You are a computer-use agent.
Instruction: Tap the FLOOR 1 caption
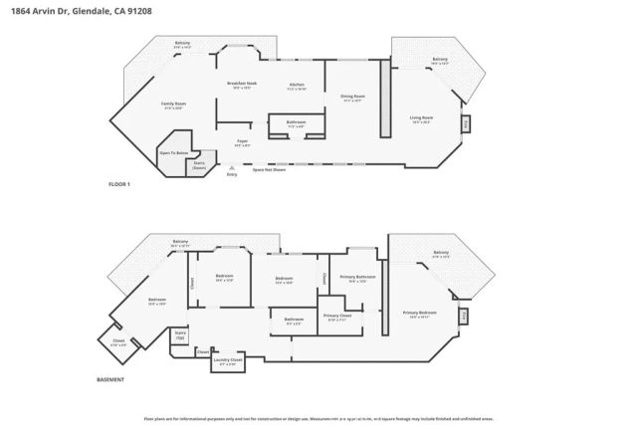point(120,185)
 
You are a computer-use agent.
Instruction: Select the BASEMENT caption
point(111,379)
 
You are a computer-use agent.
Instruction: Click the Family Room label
point(174,105)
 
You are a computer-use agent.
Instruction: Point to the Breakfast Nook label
point(244,86)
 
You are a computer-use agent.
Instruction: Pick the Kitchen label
point(297,86)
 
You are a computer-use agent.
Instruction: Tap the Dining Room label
point(353,98)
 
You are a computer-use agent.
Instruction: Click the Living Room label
point(422,120)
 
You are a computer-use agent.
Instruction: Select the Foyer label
point(242,142)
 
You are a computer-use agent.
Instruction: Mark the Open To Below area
point(174,154)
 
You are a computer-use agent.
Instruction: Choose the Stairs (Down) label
point(199,165)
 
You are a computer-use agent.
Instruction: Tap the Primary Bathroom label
point(356,278)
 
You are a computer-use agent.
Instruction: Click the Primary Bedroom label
point(422,315)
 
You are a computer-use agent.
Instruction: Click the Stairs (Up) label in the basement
point(180,335)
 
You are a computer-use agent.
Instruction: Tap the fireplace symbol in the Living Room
point(464,124)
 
